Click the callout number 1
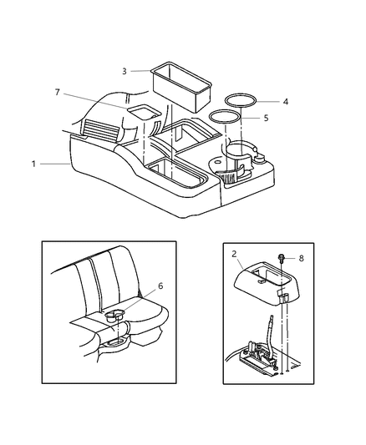[x=34, y=164]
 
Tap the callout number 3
[x=124, y=71]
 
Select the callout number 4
[x=285, y=102]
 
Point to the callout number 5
[x=266, y=118]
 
